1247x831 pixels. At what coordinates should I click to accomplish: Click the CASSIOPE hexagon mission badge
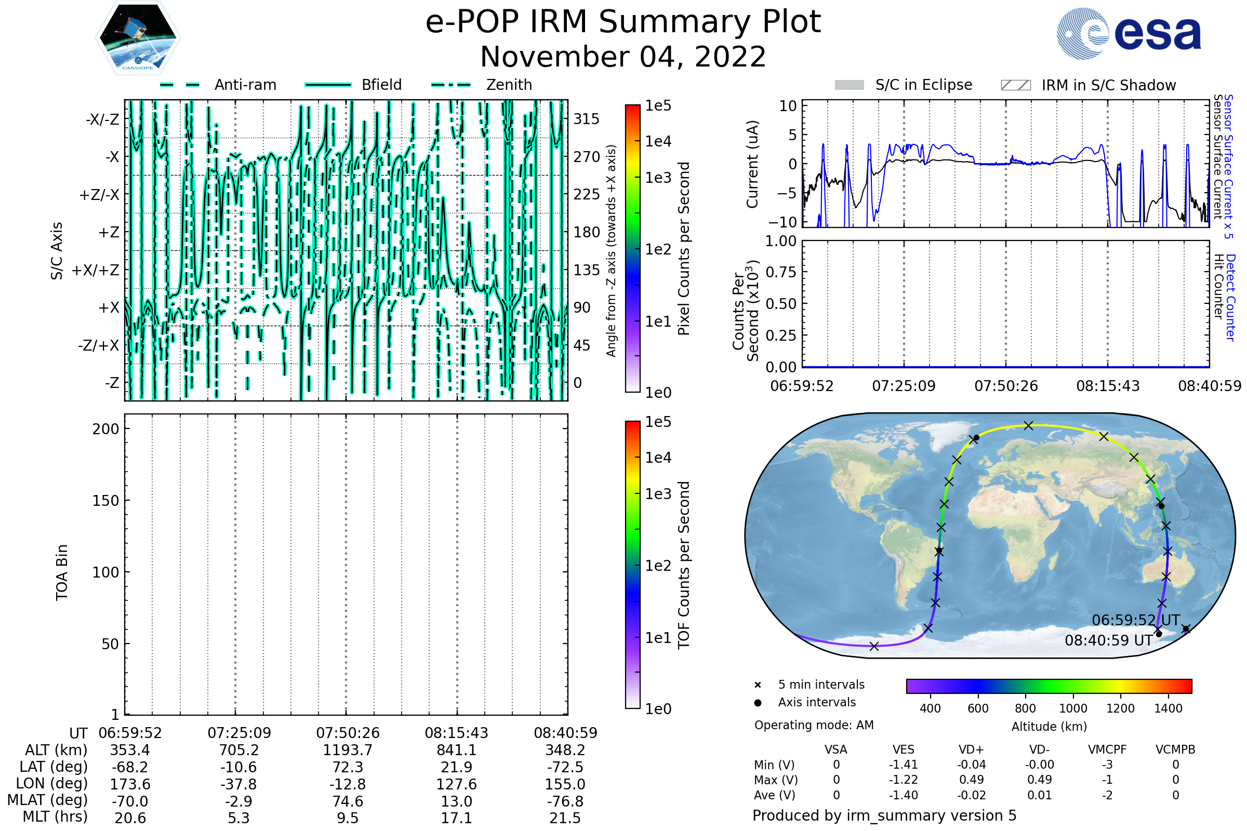138,37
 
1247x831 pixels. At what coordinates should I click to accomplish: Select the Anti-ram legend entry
218,85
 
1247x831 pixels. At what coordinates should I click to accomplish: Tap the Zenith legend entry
482,85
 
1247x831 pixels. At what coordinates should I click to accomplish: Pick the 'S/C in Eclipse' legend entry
904,85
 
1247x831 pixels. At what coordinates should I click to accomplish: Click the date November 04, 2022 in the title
623,57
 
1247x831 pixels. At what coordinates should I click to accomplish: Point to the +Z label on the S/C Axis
109,232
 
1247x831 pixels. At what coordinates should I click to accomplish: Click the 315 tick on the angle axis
587,119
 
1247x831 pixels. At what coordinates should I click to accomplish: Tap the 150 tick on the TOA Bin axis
105,500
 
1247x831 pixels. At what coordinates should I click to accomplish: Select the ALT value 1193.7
348,750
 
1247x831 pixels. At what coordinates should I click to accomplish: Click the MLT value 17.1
457,817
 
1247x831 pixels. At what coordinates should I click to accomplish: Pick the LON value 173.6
130,784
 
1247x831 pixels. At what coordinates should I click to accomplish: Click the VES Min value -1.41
903,765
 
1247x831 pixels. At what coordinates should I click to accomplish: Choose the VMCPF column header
1107,749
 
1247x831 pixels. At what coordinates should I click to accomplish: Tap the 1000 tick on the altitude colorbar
1072,708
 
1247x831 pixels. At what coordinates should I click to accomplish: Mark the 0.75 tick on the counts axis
781,272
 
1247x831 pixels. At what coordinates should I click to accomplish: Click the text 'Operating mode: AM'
814,725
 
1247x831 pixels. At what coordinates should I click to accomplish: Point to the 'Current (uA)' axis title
752,164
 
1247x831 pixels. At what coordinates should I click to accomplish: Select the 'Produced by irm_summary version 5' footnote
884,815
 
